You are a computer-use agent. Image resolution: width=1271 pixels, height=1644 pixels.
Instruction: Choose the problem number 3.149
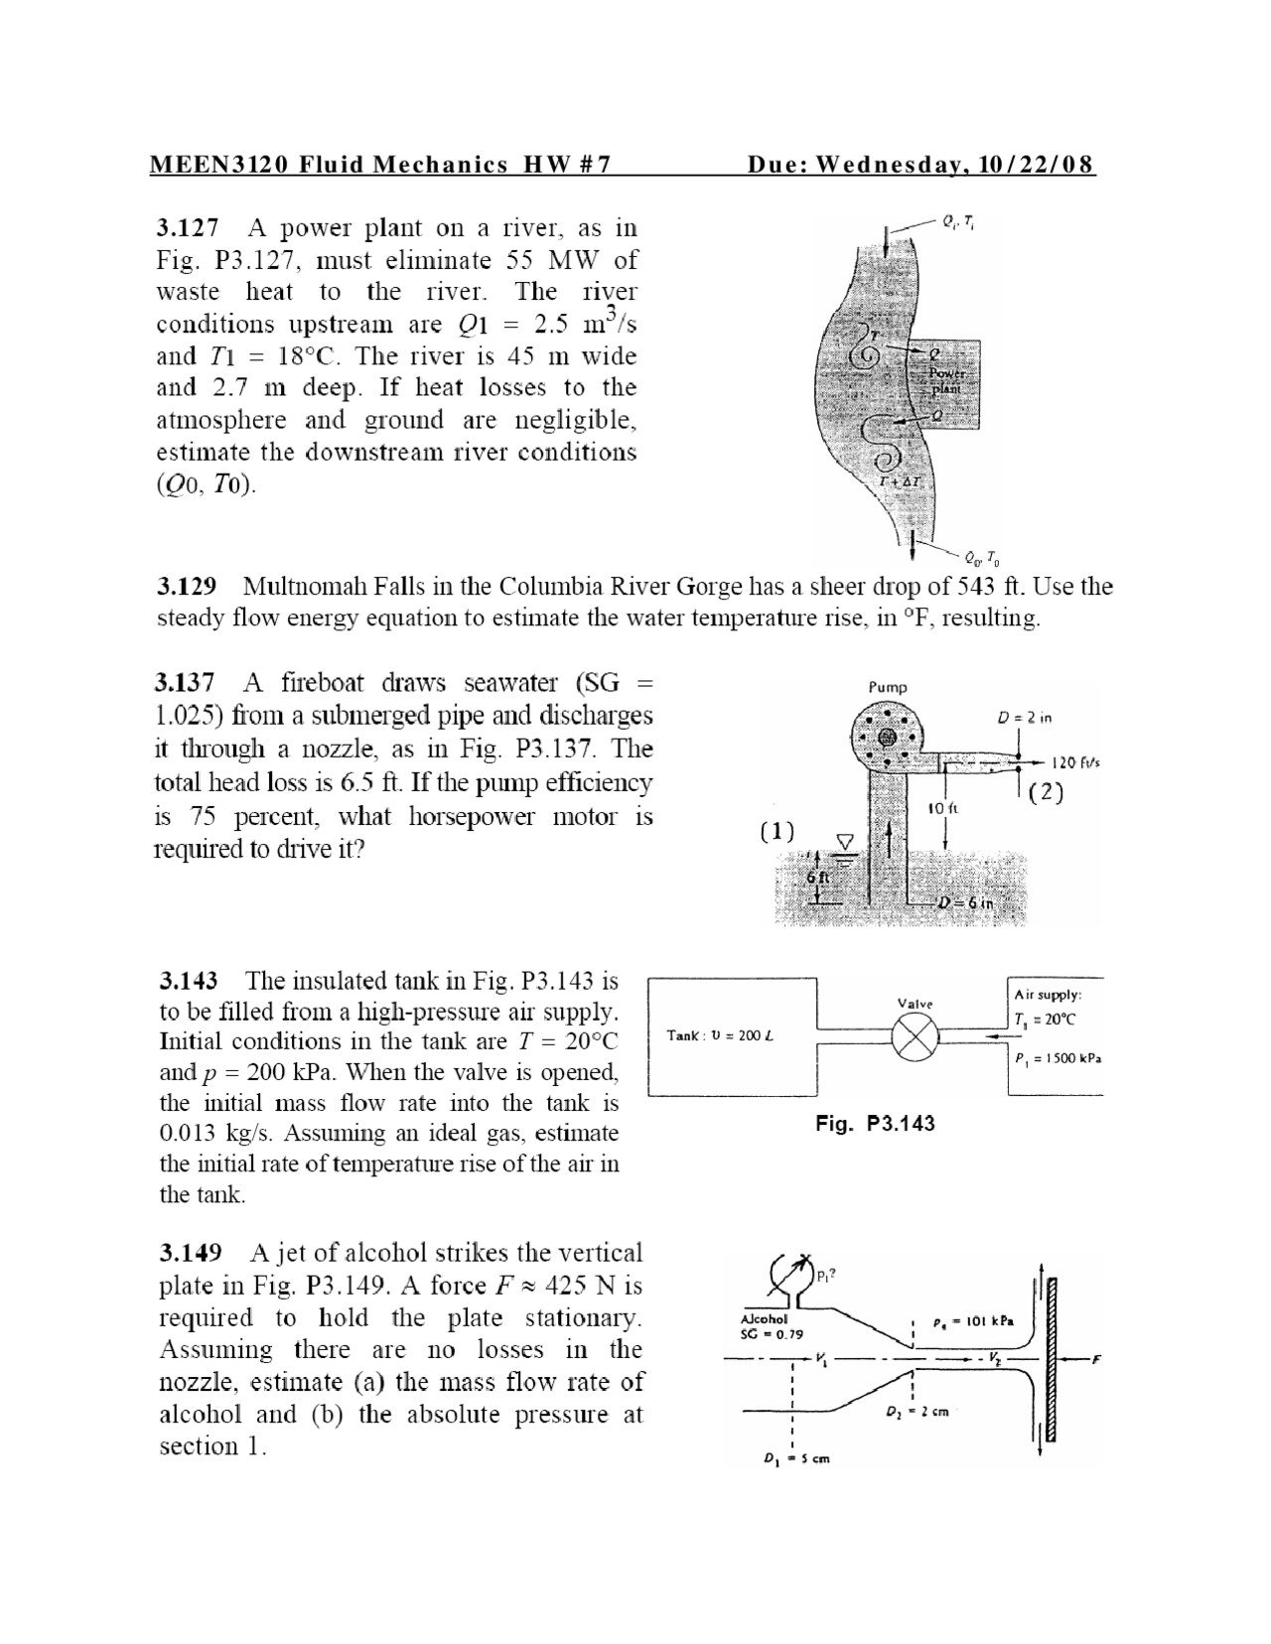tap(191, 1254)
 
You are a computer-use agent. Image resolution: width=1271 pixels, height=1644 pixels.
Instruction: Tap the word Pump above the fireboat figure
tap(887, 687)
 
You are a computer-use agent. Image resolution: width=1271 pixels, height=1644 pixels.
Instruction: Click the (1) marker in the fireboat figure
tap(777, 832)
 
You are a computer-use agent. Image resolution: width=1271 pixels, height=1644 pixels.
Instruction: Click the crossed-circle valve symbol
tap(914, 1038)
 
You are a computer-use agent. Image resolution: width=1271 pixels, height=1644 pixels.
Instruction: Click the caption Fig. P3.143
tap(875, 1123)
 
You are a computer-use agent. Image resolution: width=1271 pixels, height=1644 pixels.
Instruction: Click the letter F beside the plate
tap(1097, 1359)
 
